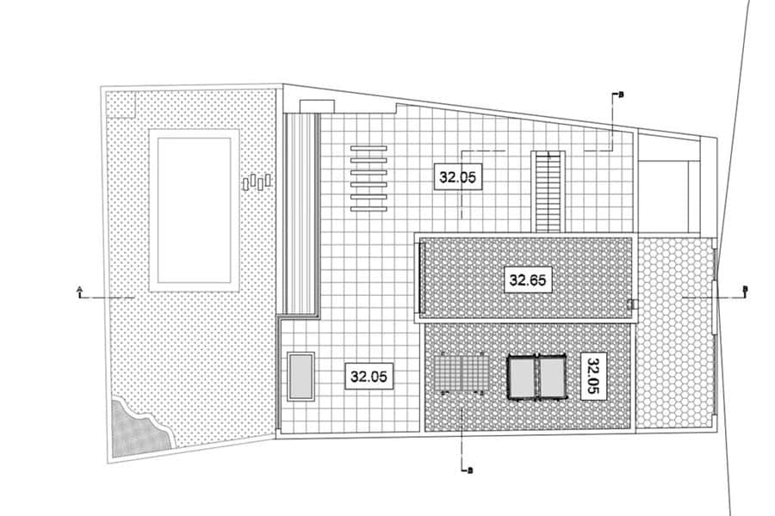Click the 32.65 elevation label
527,280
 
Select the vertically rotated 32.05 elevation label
592,376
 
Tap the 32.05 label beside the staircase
457,176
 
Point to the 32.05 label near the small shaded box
369,377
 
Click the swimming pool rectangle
195,211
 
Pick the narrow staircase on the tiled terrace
549,192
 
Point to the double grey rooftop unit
536,377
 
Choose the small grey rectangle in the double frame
301,377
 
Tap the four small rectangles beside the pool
257,181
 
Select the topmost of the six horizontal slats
369,148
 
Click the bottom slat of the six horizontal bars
369,209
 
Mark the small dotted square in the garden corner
121,105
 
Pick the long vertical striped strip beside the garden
300,214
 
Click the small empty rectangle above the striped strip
317,106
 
